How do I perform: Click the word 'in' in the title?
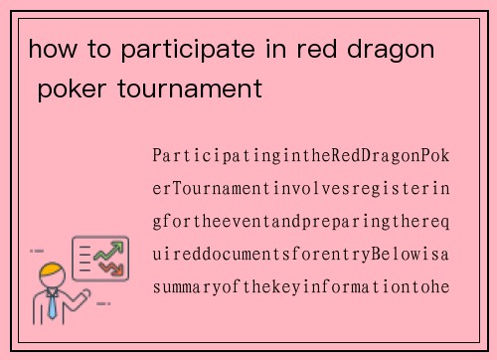click(x=264, y=49)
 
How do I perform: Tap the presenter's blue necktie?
click(x=52, y=304)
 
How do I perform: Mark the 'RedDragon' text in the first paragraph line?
click(x=372, y=156)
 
